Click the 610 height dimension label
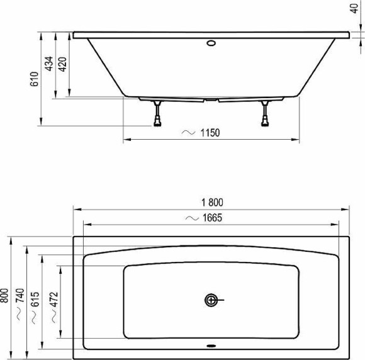pos(35,79)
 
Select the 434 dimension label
pos(49,65)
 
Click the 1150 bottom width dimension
pos(210,133)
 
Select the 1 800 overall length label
pos(213,203)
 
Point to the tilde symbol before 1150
pos(188,133)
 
